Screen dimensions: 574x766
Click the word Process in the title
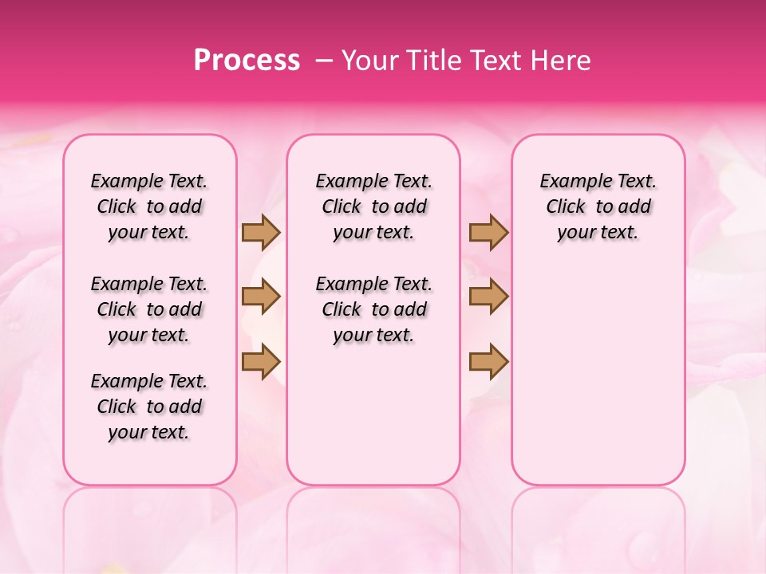(247, 61)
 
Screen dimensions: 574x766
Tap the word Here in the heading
(561, 61)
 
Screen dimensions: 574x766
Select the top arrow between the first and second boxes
(261, 232)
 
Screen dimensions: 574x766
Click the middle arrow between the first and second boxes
(261, 297)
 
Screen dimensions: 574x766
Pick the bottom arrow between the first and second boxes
(261, 361)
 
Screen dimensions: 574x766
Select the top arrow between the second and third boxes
(488, 232)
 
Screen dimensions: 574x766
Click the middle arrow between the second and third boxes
(488, 297)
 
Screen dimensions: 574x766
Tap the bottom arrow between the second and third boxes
(488, 361)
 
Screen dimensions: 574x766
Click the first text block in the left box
(149, 206)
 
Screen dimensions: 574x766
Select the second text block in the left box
(149, 309)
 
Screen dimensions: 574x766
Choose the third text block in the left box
(149, 407)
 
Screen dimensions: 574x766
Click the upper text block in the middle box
(374, 206)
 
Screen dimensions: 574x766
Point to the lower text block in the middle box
(374, 309)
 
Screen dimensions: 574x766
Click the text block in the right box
(598, 206)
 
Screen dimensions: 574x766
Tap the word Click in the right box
(566, 207)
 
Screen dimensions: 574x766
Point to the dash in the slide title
(324, 61)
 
